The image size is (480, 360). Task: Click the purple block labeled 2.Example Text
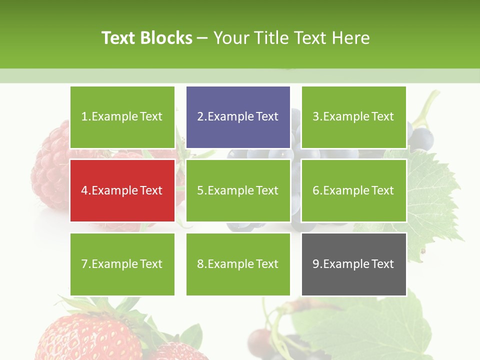coord(238,117)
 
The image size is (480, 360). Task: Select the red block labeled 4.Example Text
coord(122,190)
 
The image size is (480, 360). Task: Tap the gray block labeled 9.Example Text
coord(354,264)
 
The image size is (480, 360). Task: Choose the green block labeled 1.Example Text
coord(122,117)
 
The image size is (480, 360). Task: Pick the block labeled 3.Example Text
coord(354,117)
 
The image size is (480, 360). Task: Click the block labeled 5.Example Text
coord(238,190)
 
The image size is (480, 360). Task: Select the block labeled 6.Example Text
coord(354,190)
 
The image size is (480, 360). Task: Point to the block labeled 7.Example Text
coord(122,264)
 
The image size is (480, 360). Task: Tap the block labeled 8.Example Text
coord(238,264)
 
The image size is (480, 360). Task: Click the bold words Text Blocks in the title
coord(147,38)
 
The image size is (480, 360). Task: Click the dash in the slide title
coord(202,38)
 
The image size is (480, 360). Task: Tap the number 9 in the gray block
coord(316,264)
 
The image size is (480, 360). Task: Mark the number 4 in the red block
coord(84,190)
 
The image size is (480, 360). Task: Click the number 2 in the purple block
coord(200,117)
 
